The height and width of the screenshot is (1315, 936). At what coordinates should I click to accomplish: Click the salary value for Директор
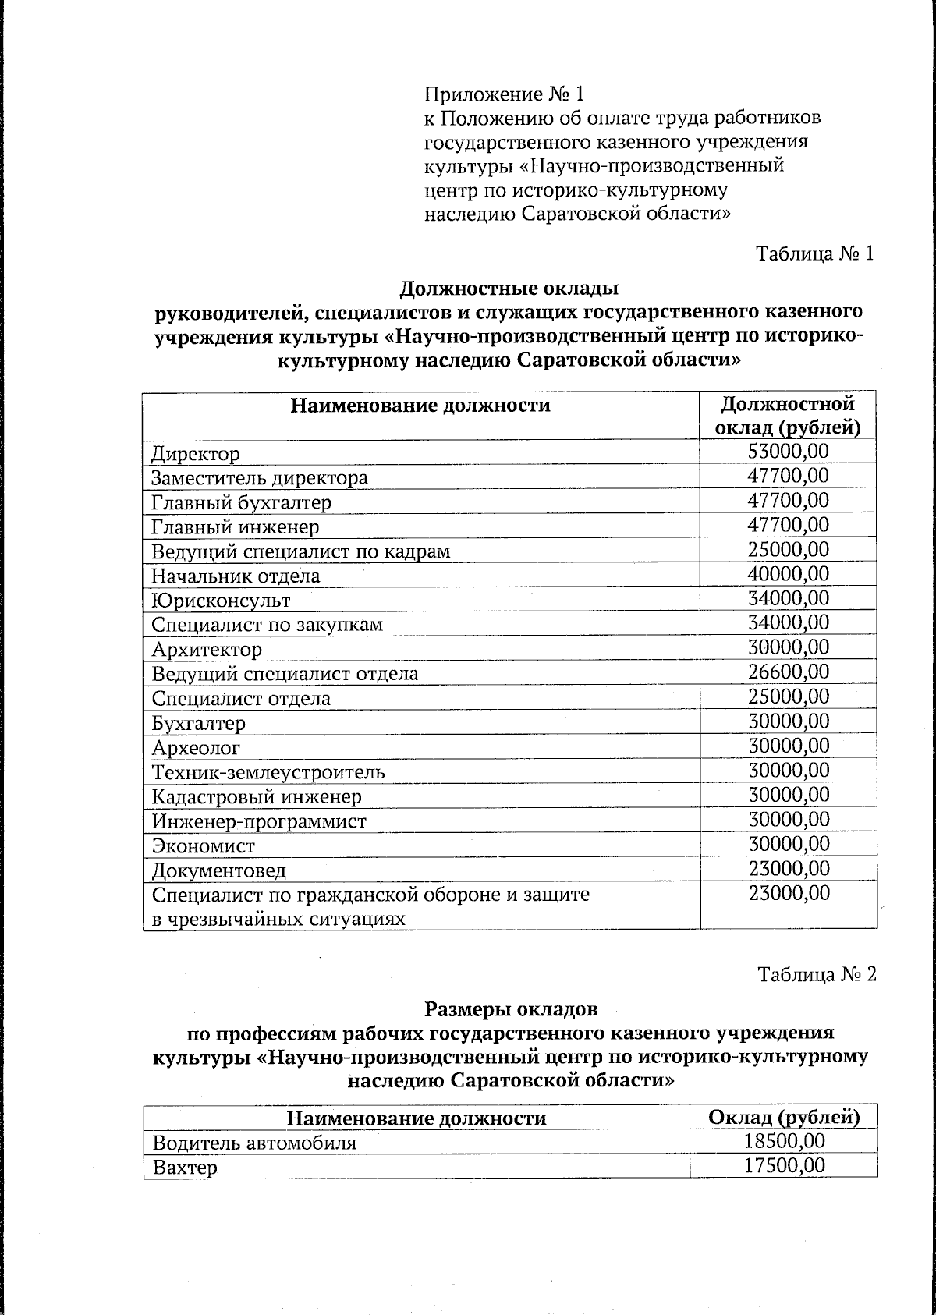pyautogui.click(x=788, y=452)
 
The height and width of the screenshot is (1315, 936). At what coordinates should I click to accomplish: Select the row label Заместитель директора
pyautogui.click(x=259, y=477)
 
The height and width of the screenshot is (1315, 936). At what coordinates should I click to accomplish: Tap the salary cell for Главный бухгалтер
pyautogui.click(x=788, y=501)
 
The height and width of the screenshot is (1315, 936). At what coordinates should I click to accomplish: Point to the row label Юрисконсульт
pyautogui.click(x=221, y=601)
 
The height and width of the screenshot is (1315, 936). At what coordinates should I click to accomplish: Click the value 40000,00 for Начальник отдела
pyautogui.click(x=788, y=575)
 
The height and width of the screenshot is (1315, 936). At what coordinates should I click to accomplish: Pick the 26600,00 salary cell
pyautogui.click(x=788, y=672)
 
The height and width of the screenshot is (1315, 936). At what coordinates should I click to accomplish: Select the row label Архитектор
pyautogui.click(x=207, y=650)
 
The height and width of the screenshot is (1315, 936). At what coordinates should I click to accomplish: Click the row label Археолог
pyautogui.click(x=196, y=748)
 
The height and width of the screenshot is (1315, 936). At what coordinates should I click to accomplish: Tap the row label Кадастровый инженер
pyautogui.click(x=257, y=797)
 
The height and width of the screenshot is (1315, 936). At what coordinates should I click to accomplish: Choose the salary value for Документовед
pyautogui.click(x=788, y=869)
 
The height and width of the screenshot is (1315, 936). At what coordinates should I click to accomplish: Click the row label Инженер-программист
pyautogui.click(x=259, y=821)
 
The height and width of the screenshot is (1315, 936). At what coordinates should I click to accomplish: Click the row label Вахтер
pyautogui.click(x=185, y=1168)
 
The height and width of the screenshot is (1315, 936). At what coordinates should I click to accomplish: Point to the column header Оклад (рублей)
pyautogui.click(x=783, y=1118)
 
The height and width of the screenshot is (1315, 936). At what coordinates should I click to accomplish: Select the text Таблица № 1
pyautogui.click(x=815, y=254)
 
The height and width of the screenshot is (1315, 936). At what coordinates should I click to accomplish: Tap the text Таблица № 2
pyautogui.click(x=817, y=975)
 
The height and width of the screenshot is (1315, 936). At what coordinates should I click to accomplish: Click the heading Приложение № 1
pyautogui.click(x=504, y=95)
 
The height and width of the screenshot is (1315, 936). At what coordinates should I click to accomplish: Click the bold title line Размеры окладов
pyautogui.click(x=511, y=1009)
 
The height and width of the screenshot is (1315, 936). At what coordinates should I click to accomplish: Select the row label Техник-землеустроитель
pyautogui.click(x=268, y=772)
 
